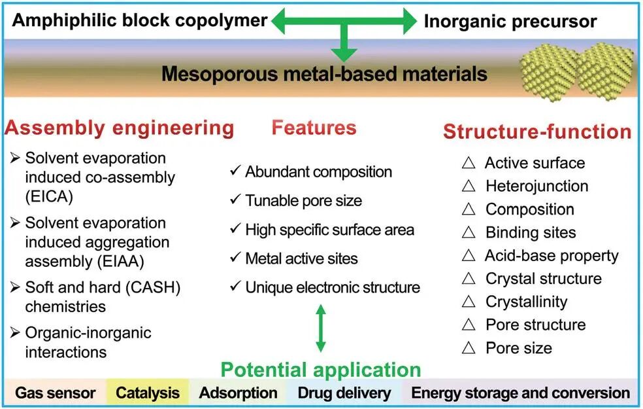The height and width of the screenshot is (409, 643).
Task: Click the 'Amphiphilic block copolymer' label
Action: pyautogui.click(x=140, y=20)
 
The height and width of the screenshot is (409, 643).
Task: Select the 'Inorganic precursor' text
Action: pyautogui.click(x=510, y=22)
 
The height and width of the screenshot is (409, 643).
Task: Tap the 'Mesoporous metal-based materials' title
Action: pyautogui.click(x=324, y=73)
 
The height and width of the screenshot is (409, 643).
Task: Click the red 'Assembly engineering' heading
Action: pyautogui.click(x=119, y=128)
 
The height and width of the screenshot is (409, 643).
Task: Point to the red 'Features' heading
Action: pyautogui.click(x=314, y=127)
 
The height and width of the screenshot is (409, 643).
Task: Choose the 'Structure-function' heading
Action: pyautogui.click(x=537, y=132)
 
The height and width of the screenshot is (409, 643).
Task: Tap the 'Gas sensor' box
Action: pyautogui.click(x=56, y=393)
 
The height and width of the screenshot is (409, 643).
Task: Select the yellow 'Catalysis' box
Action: pyautogui.click(x=147, y=393)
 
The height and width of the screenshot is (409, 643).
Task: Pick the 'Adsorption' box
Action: pyautogui.click(x=238, y=393)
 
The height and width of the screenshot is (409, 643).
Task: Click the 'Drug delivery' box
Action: pyautogui.click(x=344, y=393)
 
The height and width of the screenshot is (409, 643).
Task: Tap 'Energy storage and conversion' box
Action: pyautogui.click(x=520, y=393)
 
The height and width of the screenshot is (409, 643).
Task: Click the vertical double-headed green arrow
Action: pyautogui.click(x=320, y=330)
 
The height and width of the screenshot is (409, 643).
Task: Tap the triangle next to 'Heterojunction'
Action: pyautogui.click(x=468, y=187)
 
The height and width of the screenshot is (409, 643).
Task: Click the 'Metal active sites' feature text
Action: pyautogui.click(x=301, y=258)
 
